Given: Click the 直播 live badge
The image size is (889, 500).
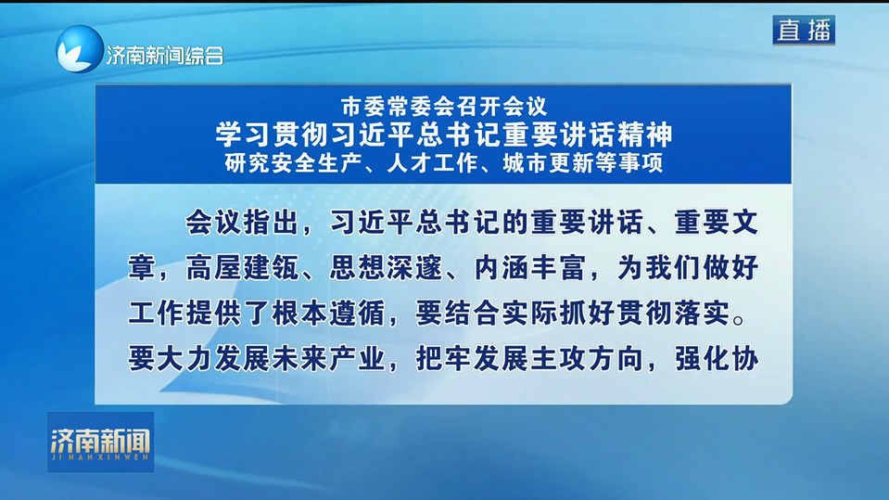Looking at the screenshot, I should [x=803, y=30].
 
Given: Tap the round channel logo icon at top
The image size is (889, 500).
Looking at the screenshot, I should [x=80, y=49].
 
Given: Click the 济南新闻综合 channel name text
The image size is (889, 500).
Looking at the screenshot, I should [x=164, y=56].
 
